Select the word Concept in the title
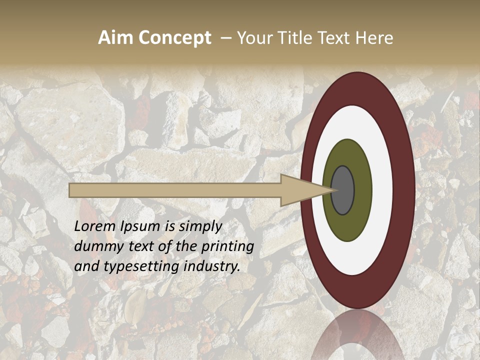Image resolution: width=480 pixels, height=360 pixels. click(x=174, y=38)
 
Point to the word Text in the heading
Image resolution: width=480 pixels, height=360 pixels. click(x=334, y=38)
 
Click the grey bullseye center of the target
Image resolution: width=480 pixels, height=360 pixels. click(x=343, y=190)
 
